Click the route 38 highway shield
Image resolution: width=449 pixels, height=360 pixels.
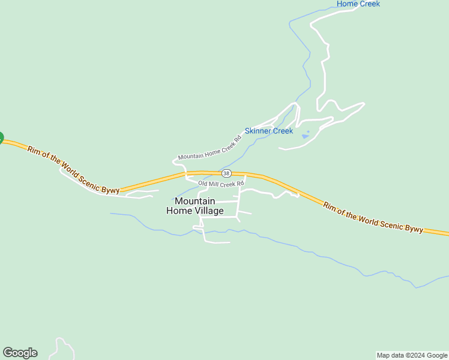(226, 173)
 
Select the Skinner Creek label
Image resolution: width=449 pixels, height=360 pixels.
(268, 131)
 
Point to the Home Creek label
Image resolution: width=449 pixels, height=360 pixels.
(358, 4)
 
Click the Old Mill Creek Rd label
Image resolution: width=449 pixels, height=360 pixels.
(221, 183)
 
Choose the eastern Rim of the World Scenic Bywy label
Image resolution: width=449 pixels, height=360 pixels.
(373, 218)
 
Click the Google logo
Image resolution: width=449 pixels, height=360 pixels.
(20, 353)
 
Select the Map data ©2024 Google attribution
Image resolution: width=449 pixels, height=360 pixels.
(412, 355)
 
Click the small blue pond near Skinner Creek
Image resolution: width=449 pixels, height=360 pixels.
(306, 136)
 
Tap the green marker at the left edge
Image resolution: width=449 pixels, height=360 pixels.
(1, 138)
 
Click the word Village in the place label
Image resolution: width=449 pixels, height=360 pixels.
(208, 211)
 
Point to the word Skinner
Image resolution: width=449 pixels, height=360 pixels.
(258, 131)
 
